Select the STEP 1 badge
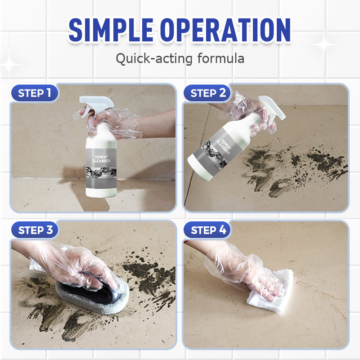click(x=34, y=94)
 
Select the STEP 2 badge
click(x=207, y=94)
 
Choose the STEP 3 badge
click(x=34, y=230)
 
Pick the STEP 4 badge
click(x=207, y=230)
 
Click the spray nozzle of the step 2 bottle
click(x=270, y=108)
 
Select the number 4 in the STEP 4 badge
click(x=222, y=230)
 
